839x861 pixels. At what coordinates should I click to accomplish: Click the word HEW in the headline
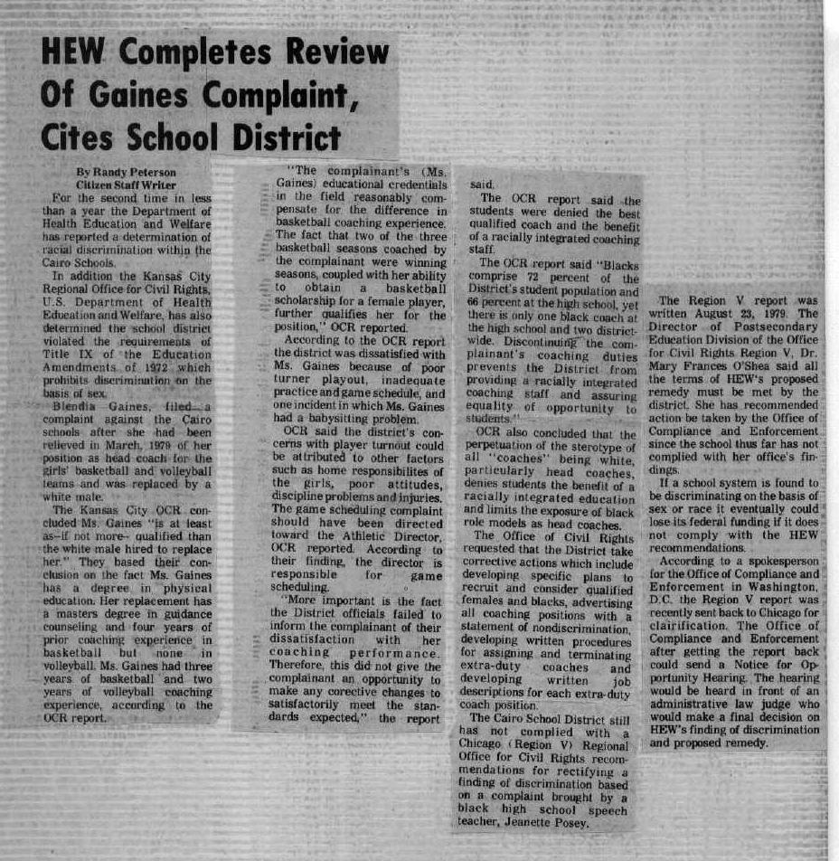[74, 57]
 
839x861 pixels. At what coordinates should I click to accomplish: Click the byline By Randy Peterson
[126, 172]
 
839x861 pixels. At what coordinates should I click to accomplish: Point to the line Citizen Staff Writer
[126, 184]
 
